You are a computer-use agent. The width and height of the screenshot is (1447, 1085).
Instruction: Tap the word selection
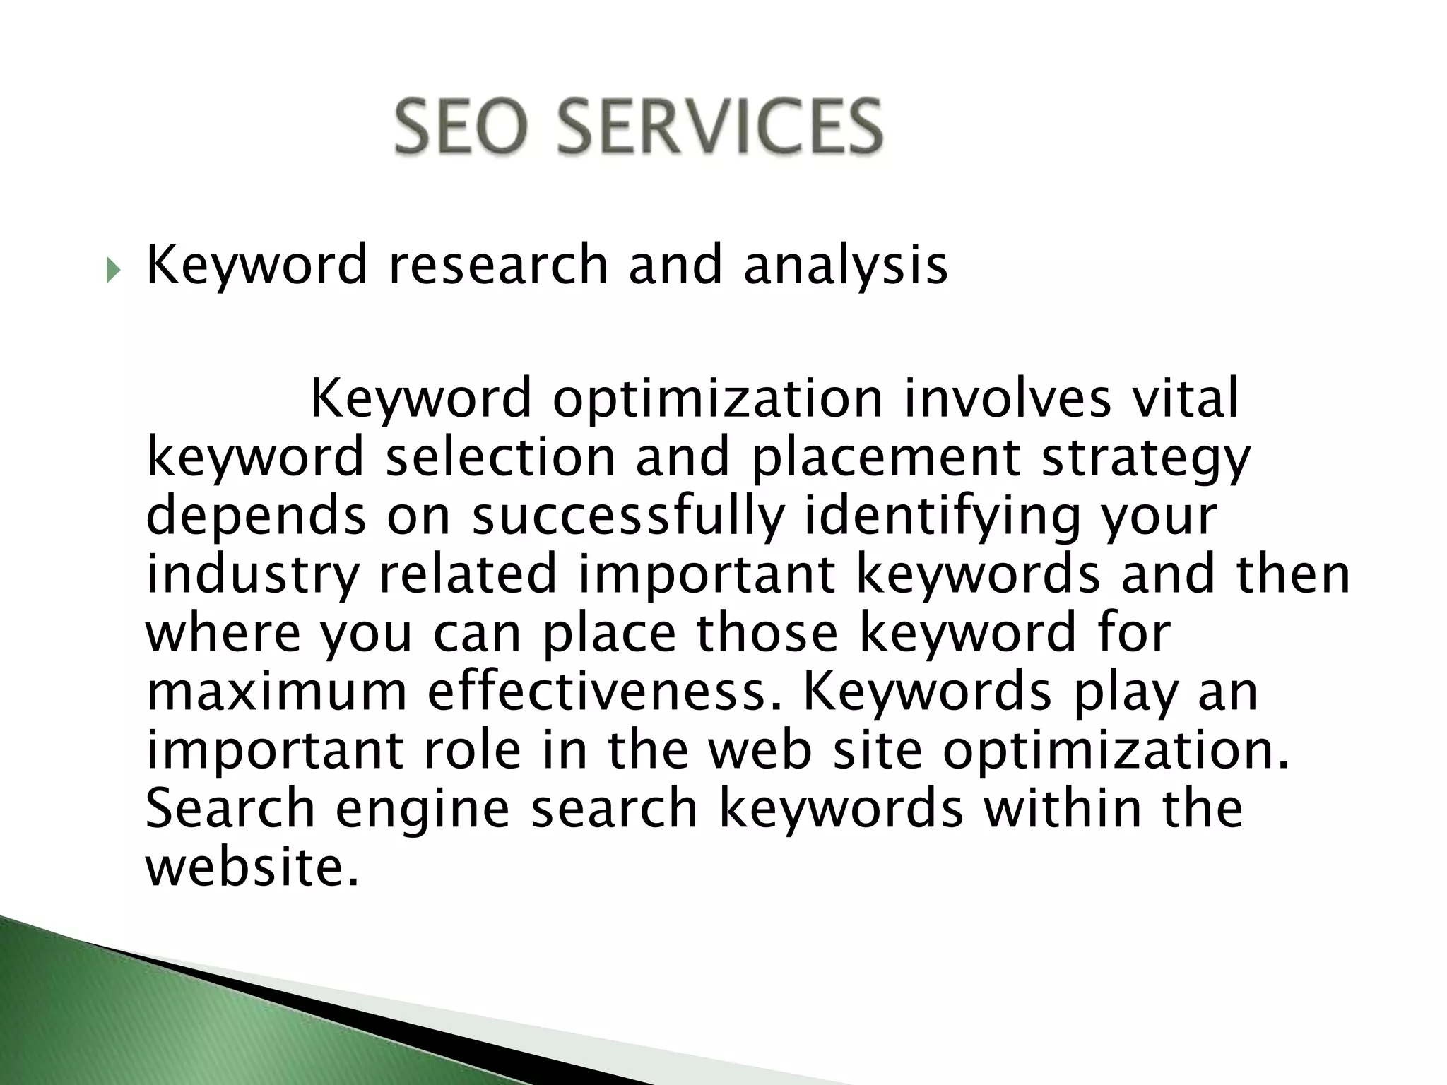point(500,457)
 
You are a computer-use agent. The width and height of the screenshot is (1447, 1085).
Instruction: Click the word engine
point(422,810)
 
